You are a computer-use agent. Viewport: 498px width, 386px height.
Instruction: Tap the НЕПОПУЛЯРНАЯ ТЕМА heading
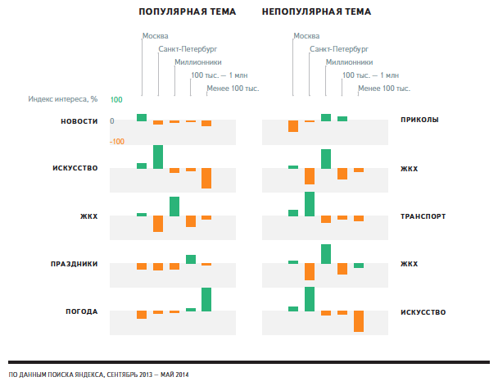317,12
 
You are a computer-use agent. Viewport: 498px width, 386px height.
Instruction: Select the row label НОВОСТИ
79,121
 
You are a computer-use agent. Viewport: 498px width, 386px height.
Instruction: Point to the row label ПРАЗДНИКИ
75,264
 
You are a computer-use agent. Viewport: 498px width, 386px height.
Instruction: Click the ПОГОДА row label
82,311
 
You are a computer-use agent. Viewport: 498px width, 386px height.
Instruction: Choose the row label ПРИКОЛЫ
419,120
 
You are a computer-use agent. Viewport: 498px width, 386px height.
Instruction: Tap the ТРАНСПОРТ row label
423,216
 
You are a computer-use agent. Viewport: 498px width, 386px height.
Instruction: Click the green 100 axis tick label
116,100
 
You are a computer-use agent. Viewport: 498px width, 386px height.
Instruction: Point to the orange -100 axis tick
116,142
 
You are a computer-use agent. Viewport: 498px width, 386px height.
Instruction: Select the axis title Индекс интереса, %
63,100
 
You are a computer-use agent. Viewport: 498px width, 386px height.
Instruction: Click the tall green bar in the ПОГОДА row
206,299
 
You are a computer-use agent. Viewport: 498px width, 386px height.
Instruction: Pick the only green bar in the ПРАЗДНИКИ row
191,259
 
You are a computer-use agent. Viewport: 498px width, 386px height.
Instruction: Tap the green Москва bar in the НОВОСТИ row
142,117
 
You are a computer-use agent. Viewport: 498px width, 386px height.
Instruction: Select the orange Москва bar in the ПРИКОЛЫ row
293,126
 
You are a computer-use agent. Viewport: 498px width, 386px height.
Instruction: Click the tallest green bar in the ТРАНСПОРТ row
310,203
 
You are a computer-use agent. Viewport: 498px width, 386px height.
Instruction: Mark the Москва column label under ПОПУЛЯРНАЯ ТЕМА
156,36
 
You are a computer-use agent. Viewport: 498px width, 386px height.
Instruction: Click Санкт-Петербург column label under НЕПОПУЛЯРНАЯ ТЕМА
337,49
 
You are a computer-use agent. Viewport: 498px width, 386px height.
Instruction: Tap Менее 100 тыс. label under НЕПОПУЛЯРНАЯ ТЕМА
384,88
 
